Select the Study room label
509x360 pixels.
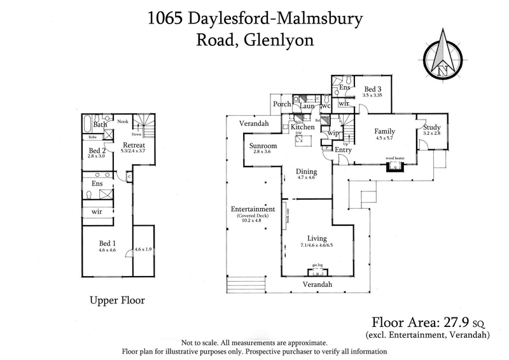[x=432, y=127]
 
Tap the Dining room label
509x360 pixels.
[x=306, y=171]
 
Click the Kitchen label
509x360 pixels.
[x=302, y=127]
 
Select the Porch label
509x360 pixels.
[x=282, y=104]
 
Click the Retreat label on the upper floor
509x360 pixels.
[x=134, y=146]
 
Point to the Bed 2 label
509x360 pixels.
[x=97, y=151]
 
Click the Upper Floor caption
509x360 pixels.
[x=117, y=299]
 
